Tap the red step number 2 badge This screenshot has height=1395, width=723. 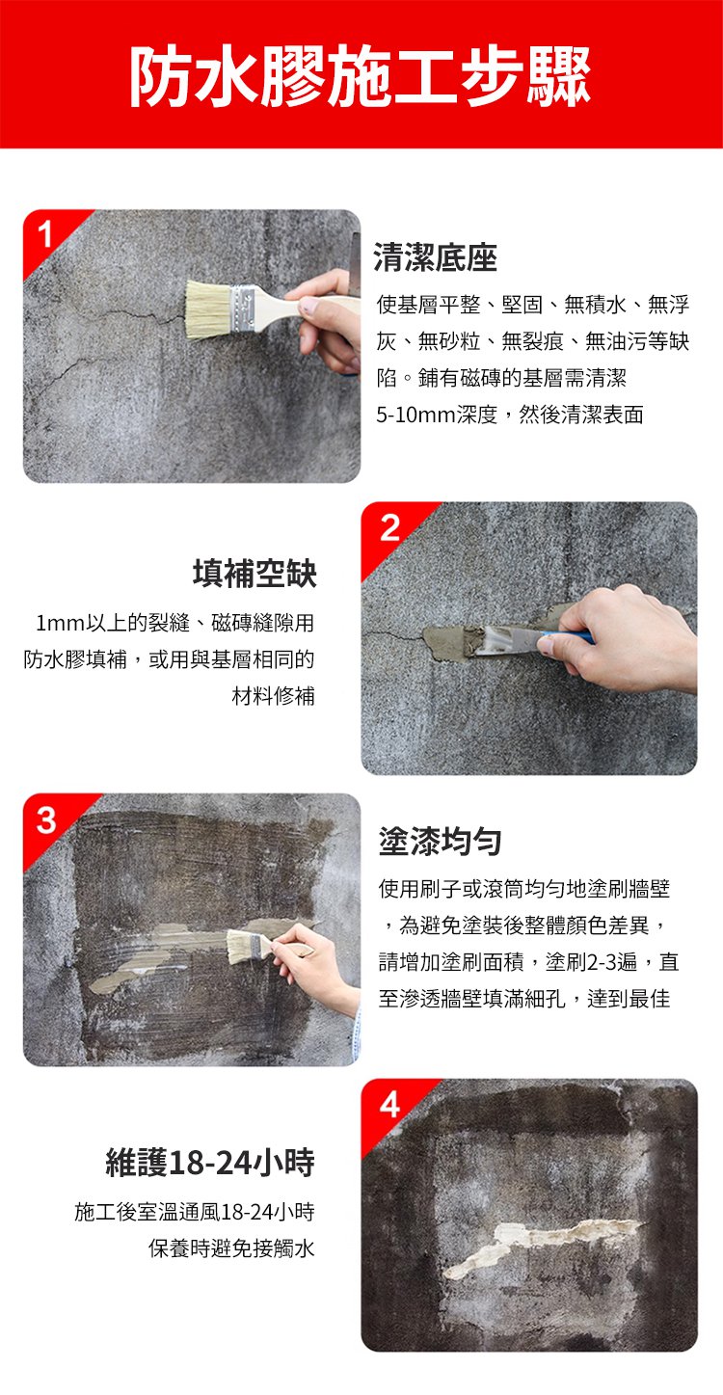388,527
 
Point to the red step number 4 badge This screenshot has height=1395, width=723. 388,1106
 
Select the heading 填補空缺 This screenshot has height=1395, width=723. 254,575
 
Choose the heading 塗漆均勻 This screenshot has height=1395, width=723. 440,842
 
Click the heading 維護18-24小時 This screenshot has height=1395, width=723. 210,1163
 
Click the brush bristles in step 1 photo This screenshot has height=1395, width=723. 207,309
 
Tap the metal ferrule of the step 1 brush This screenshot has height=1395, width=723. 244,307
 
